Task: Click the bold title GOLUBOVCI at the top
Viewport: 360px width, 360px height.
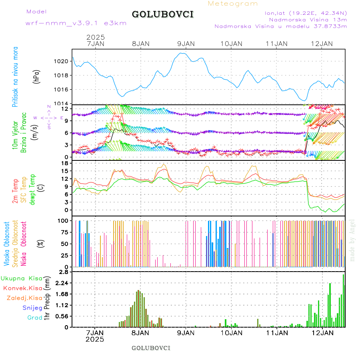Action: point(162,14)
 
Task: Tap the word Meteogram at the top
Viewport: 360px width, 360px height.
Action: point(233,4)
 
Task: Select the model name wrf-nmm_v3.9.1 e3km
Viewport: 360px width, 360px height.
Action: point(76,23)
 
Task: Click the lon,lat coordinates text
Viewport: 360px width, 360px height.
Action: point(306,13)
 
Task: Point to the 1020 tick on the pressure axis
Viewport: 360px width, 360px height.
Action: point(63,61)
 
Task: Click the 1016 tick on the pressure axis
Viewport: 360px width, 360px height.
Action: point(63,89)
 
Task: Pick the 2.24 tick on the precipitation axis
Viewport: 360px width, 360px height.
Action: point(62,283)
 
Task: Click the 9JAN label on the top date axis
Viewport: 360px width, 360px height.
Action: point(185,44)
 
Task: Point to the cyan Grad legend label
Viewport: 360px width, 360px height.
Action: point(35,318)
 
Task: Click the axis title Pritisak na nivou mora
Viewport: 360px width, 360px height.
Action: point(15,76)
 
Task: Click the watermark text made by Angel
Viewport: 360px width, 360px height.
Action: point(352,240)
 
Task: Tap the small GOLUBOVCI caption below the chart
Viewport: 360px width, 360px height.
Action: point(151,348)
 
